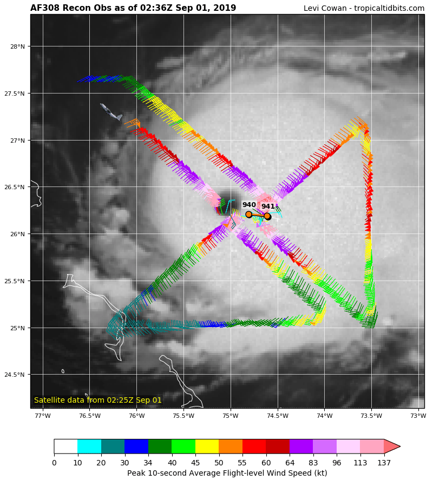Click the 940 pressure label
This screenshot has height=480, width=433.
pos(249,205)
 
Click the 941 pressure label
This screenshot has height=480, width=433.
pos(268,206)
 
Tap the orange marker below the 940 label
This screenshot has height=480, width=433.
pos(249,215)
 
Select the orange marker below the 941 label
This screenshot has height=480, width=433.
pos(267,216)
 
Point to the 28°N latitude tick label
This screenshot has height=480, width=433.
pos(18,46)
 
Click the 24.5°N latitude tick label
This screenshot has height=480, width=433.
pos(16,375)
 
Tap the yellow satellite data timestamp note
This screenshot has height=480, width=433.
pos(98,400)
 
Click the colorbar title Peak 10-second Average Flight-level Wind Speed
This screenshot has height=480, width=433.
pos(227,473)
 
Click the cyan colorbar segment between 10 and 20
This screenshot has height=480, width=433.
pos(89,446)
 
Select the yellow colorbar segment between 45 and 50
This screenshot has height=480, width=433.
pos(207,446)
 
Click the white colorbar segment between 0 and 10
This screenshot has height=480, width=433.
pos(65,446)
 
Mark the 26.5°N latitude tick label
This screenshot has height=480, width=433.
pos(16,187)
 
